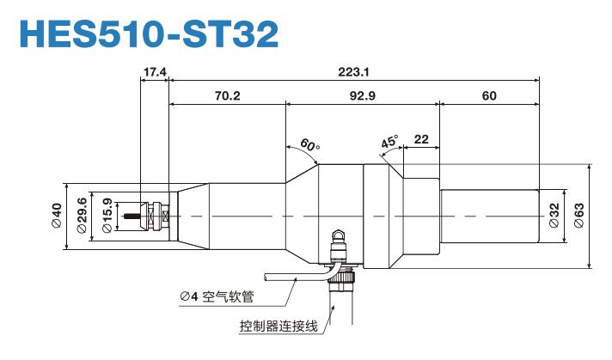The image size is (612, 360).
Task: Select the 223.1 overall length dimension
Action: point(353,72)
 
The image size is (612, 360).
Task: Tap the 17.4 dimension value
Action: point(155,72)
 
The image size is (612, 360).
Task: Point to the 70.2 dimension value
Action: point(227,96)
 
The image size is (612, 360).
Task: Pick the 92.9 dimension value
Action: point(362,96)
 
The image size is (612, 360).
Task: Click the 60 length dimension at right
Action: point(489,96)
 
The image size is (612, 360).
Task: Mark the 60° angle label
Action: point(309,143)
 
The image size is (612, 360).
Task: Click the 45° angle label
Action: point(389,143)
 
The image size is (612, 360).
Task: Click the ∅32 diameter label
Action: point(554,216)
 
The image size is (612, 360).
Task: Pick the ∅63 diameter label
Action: point(579,216)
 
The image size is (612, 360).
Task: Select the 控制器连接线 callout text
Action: point(279,326)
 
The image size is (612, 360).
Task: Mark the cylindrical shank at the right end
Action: point(489,216)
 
